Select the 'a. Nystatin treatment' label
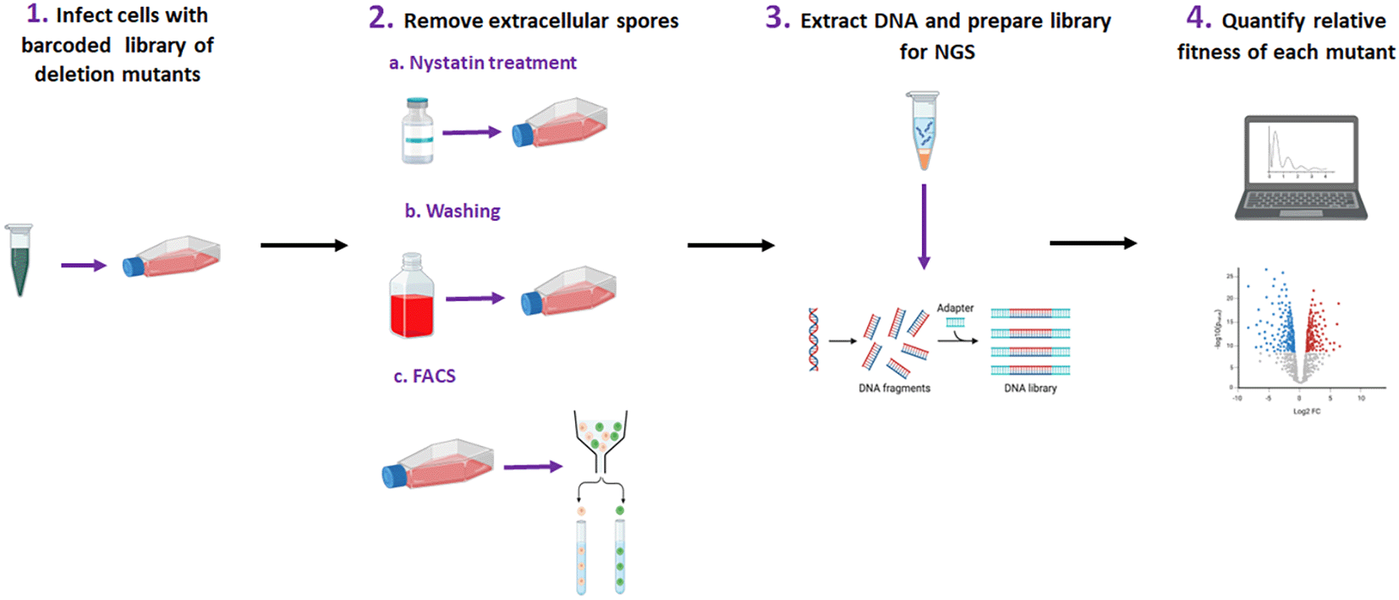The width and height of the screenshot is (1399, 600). point(482,63)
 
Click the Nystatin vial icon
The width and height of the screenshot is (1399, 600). point(417,130)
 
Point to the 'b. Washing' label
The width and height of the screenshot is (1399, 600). point(452,211)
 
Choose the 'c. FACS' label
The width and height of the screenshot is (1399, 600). point(425,376)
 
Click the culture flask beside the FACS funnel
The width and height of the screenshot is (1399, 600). point(438,463)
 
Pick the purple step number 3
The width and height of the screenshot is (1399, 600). point(776,18)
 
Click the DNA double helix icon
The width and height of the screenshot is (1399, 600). point(814,339)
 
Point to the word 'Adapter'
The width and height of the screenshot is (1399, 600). point(955,308)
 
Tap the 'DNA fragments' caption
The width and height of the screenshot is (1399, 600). point(894,388)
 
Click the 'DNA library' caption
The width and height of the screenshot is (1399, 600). point(1030,388)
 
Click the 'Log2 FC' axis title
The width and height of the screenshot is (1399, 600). point(1306,411)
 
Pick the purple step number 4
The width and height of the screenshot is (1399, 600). point(1199,18)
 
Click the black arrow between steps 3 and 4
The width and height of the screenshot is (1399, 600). point(1093,244)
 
